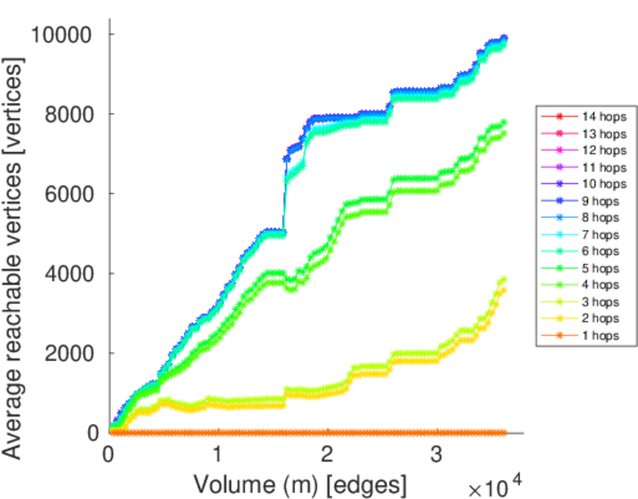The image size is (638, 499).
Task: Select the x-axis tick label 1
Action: click(x=218, y=455)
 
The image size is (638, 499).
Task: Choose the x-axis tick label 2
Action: click(x=326, y=455)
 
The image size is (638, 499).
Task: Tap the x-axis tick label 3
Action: click(x=436, y=455)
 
